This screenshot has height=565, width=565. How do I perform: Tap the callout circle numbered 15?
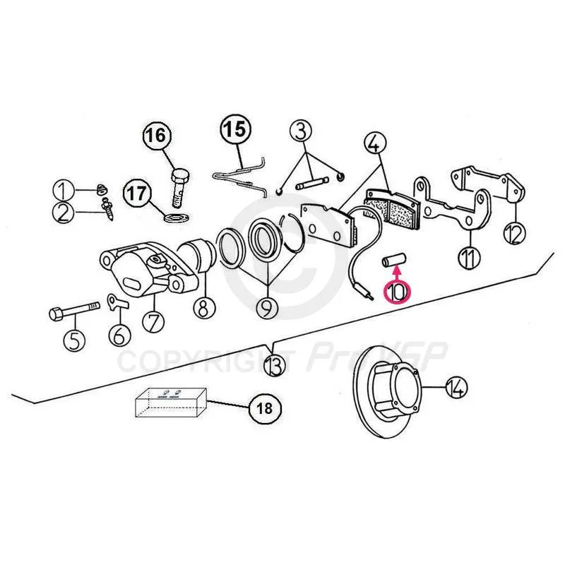coord(236,129)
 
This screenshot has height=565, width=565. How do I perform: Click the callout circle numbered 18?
coord(265,408)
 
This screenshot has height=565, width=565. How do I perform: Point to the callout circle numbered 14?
coord(457,386)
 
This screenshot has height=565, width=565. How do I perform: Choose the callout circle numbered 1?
coord(64,190)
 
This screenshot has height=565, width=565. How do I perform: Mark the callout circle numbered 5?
coord(74,340)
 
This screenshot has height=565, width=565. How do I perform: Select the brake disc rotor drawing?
coord(387,381)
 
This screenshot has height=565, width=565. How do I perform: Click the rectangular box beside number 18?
coord(172,403)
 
